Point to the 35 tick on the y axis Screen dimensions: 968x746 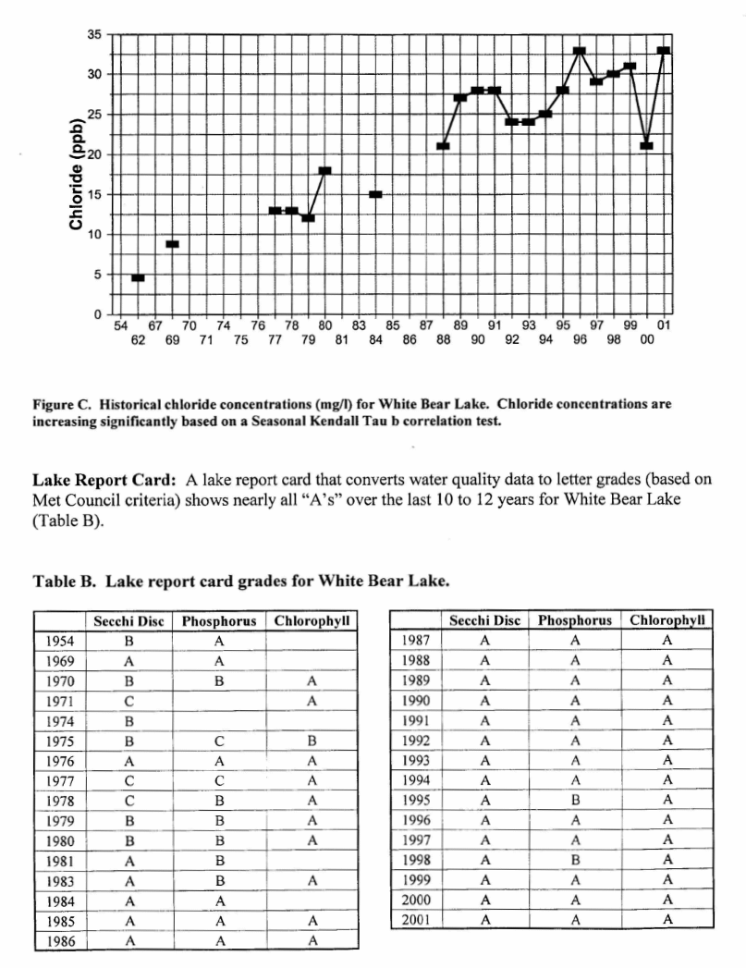pos(95,34)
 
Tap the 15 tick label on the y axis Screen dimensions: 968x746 pos(95,195)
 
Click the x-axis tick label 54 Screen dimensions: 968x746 pos(120,325)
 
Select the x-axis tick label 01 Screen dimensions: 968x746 pos(664,325)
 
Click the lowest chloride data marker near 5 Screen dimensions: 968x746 pos(138,277)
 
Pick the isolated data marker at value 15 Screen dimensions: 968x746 pos(375,194)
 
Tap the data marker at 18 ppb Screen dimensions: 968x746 pos(324,170)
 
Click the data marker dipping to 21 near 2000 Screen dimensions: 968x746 pos(646,146)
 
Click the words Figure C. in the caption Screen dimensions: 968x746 pos(63,405)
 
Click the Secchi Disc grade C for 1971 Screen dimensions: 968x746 pos(128,701)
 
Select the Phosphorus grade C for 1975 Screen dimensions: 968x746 pos(219,741)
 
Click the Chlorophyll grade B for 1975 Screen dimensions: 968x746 pos(312,741)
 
